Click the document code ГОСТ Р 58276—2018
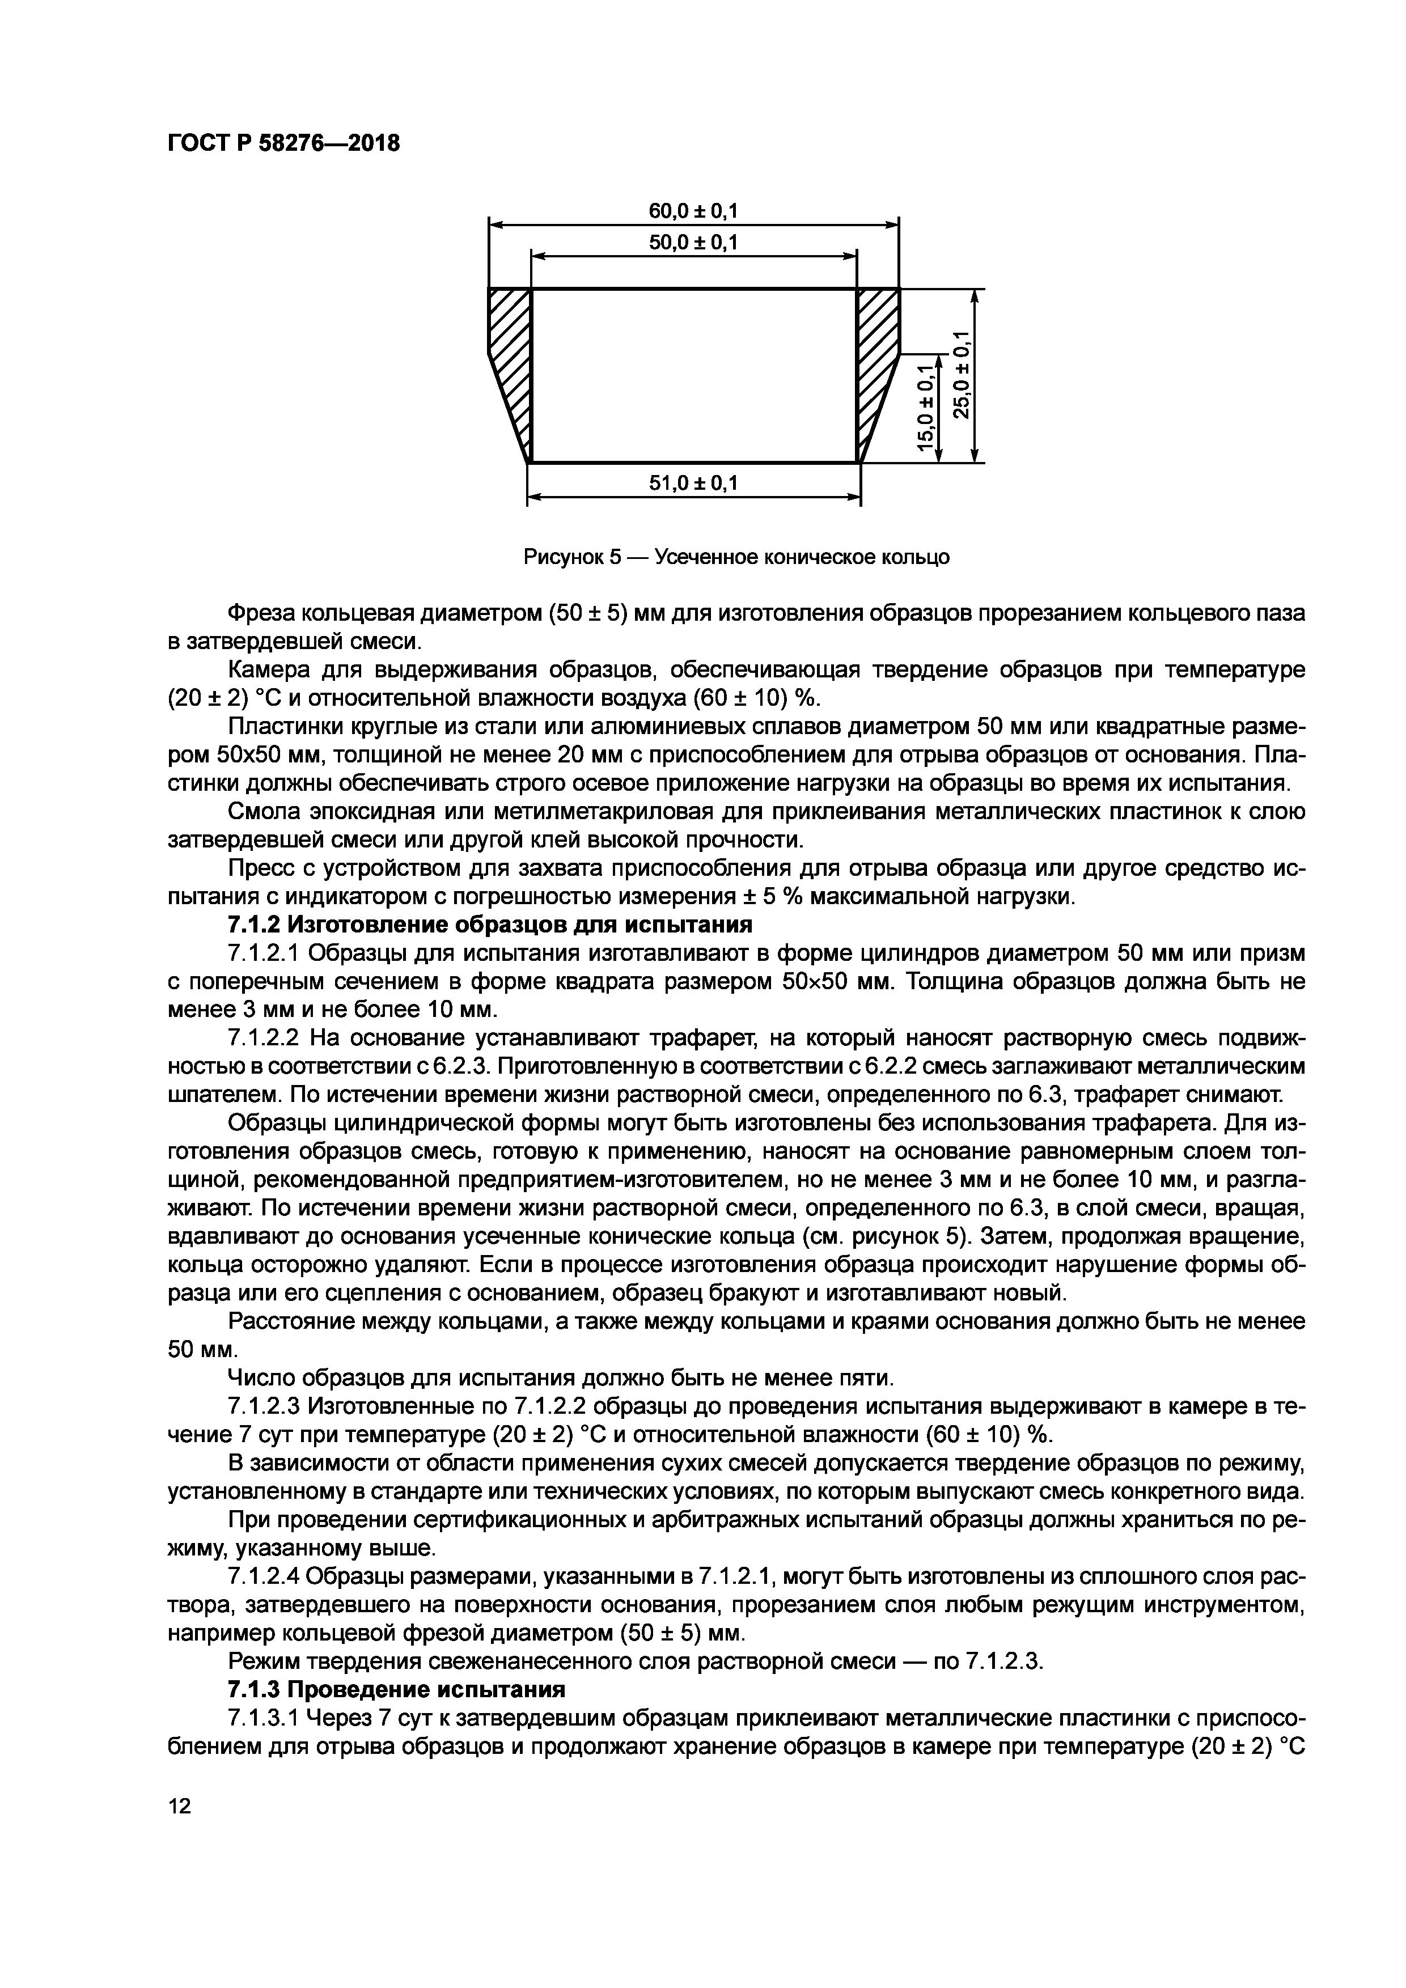(283, 144)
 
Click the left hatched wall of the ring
(511, 364)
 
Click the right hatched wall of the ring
(875, 364)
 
